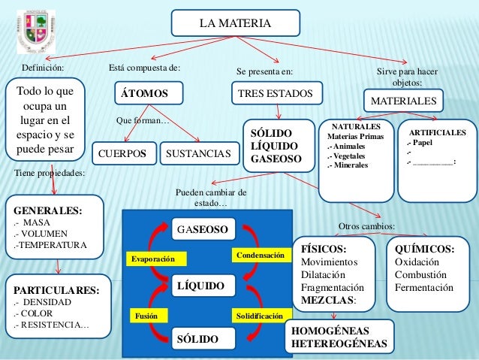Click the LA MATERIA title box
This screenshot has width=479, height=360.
pos(236,23)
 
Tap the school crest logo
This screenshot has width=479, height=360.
pos(36,32)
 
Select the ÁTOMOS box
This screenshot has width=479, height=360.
pos(149,93)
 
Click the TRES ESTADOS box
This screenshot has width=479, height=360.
pos(277,93)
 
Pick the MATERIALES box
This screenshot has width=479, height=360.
pos(403,101)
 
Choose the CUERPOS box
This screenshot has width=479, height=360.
pos(125,153)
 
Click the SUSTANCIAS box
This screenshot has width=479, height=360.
pos(200,153)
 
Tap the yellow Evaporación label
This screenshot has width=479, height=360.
pos(156,259)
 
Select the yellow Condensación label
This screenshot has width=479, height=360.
pos(261,255)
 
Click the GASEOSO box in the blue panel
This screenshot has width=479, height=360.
pos(203,229)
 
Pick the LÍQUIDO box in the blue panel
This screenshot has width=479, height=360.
pos(203,286)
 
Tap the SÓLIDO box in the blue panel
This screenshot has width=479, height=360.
pos(203,339)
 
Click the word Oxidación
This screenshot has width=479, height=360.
pos(417,262)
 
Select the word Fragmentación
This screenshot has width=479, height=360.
pos(333,288)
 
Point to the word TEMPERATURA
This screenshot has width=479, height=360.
pos(53,245)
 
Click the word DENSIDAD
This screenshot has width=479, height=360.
pos(47,302)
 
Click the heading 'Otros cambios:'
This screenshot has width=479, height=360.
pos(366,226)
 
